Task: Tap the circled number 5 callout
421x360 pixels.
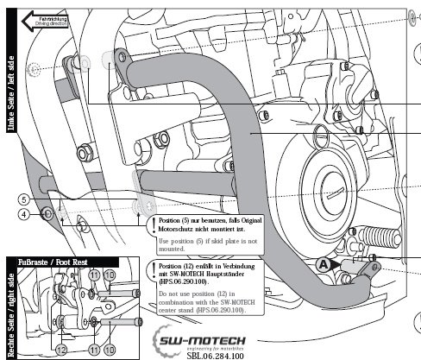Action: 25,199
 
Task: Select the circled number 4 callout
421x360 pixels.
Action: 25,213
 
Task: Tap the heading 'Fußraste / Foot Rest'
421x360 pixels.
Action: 54,261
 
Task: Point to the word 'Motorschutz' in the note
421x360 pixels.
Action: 180,229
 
